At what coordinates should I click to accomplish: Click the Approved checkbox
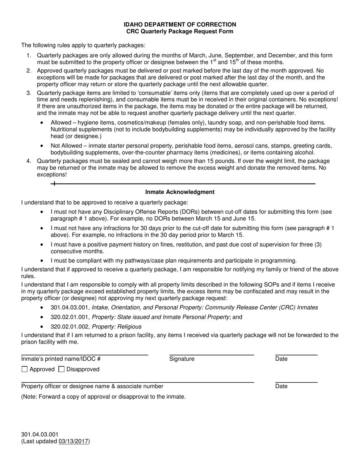[25, 369]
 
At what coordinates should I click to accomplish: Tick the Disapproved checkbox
[61, 369]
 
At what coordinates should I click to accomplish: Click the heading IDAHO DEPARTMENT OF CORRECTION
[180, 25]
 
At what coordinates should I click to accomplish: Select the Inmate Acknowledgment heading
[180, 192]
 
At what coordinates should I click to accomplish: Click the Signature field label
[182, 359]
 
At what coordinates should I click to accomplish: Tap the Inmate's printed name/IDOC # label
[61, 359]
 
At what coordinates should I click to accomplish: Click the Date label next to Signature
[281, 359]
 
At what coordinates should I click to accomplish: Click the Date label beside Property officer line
[281, 386]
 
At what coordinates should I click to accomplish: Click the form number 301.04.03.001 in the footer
[40, 435]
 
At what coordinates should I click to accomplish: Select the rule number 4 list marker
[29, 161]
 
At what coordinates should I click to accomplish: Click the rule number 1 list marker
[29, 56]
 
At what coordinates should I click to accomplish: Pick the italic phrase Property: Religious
[117, 327]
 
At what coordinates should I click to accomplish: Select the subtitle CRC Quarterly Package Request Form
[180, 31]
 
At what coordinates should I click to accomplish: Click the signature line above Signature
[211, 355]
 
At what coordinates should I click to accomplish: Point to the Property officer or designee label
[92, 386]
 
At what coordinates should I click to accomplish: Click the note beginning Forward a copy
[103, 397]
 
